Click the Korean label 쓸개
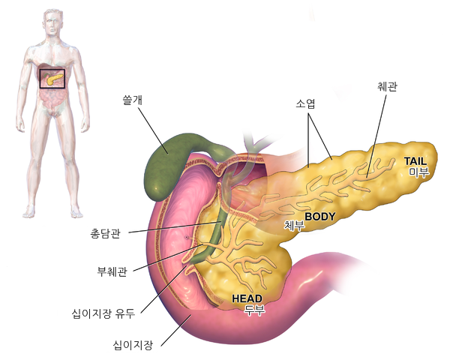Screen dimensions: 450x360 pos(132,100)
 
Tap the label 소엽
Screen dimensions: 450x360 pos(305,103)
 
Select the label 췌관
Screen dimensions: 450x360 pos(387,86)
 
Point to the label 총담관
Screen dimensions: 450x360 pos(105,233)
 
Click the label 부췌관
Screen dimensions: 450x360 pos(112,271)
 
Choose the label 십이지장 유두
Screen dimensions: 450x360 pos(103,313)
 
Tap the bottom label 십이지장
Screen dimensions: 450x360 pos(133,345)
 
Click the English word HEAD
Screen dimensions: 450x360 pos(247,298)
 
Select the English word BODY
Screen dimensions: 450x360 pos(320,216)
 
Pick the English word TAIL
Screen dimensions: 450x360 pos(415,161)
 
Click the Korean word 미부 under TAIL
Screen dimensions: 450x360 pos(418,172)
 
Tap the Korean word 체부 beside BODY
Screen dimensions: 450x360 pos(294,225)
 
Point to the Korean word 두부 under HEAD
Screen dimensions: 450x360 pos(255,310)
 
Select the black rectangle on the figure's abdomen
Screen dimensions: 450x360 pos(52,70)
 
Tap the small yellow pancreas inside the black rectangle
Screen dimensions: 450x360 pos(54,78)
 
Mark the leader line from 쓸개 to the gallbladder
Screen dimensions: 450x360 pos(153,130)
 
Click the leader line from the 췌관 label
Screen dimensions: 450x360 pos(376,136)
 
